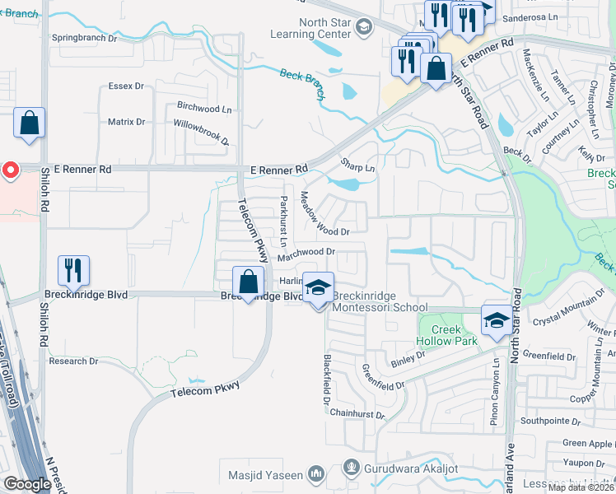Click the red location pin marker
[10, 170]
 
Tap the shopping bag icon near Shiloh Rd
[30, 124]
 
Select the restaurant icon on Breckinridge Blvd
[73, 270]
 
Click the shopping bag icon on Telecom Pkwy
[248, 282]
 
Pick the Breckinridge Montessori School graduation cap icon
[318, 288]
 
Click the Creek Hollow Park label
[446, 335]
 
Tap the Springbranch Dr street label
[84, 38]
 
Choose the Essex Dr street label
[126, 86]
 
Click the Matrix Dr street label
[126, 122]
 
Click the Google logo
[26, 484]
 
